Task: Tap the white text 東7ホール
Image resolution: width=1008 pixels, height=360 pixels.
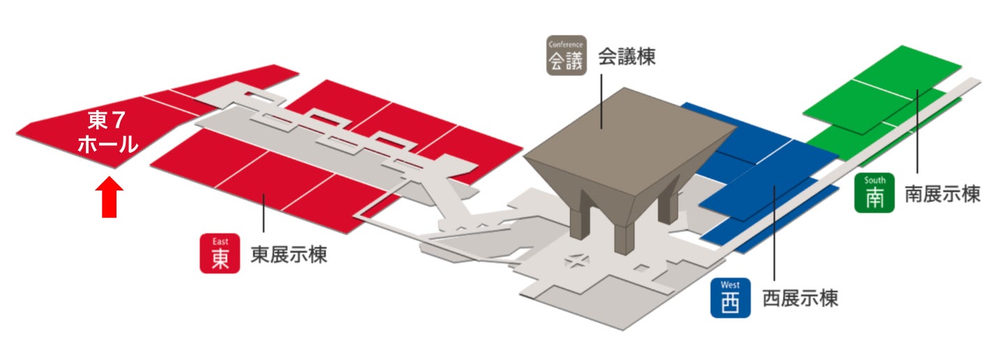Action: [107, 133]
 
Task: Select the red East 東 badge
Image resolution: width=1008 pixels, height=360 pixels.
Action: [220, 253]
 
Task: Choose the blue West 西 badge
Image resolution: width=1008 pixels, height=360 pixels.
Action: [730, 298]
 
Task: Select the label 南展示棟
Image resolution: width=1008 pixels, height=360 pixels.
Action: [942, 193]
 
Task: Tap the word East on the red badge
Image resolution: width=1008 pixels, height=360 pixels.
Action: [220, 241]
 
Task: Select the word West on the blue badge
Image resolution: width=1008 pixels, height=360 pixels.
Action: [730, 285]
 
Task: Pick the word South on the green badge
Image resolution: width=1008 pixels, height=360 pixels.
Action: [875, 180]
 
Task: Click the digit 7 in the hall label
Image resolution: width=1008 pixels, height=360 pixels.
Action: [119, 121]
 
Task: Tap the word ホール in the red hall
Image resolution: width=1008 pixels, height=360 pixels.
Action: [107, 144]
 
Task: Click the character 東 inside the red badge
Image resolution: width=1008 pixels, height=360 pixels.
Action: [220, 259]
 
